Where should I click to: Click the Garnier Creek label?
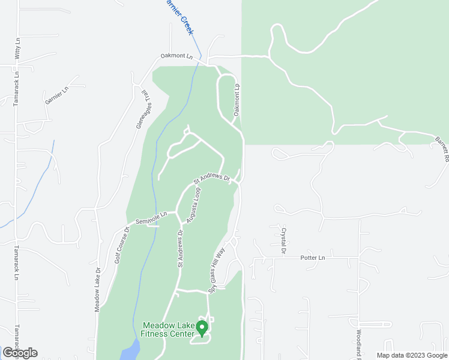click(180, 16)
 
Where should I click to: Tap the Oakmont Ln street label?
click(176, 57)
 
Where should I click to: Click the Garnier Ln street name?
click(57, 95)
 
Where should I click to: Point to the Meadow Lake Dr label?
click(97, 289)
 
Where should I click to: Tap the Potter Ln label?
click(312, 257)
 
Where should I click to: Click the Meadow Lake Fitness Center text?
click(169, 329)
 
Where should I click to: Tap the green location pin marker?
click(202, 328)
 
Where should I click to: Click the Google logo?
click(20, 352)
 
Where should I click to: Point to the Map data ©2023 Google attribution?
click(411, 355)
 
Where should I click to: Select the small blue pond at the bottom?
click(130, 350)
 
